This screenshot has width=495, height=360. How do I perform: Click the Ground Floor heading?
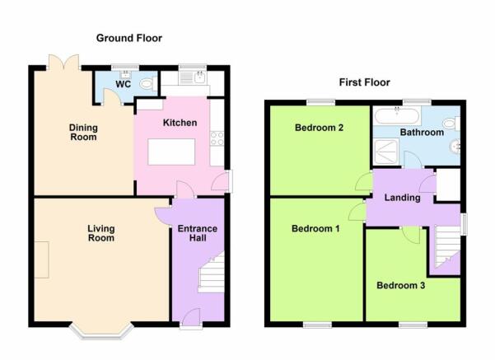129,38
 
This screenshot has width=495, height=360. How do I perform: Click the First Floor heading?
365,82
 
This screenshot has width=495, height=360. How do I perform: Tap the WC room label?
123,84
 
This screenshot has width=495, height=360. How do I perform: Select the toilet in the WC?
147,84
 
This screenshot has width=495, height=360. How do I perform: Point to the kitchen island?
171,152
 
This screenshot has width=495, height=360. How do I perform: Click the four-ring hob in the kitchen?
217,138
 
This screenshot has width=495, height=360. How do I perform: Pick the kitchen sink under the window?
193,77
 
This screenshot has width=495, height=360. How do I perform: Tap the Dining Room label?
83,133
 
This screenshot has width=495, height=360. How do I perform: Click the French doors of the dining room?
64,63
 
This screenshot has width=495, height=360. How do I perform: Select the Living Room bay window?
101,331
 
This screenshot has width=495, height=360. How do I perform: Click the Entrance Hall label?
198,233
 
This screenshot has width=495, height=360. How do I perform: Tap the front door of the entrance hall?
191,317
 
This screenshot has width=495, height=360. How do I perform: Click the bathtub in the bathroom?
397,115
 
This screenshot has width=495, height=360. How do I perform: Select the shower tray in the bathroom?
386,152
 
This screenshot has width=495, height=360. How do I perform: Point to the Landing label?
402,198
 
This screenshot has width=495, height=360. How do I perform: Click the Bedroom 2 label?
319,128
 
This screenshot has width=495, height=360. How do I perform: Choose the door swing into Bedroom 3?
411,235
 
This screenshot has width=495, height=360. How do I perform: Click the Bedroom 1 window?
318,325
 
